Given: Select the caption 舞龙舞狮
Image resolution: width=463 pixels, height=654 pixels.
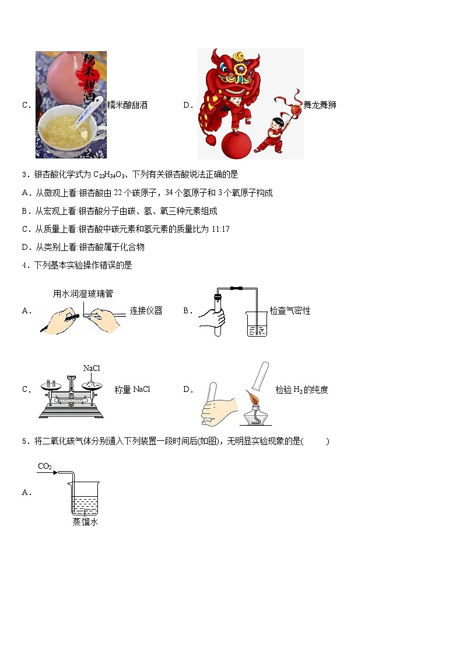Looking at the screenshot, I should tap(320, 105).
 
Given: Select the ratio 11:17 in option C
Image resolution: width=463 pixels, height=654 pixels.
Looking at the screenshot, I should tap(220, 229).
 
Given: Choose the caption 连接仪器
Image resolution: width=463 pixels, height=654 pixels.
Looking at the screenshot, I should tap(146, 311).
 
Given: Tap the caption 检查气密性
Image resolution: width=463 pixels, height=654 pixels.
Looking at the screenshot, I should tap(290, 311).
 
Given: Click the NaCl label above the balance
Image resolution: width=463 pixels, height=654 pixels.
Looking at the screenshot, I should tap(92, 368).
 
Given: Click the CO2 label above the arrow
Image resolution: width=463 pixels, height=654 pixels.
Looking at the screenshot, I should tap(45, 466).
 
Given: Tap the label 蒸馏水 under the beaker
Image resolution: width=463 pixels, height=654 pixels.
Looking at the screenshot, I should tap(85, 522).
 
